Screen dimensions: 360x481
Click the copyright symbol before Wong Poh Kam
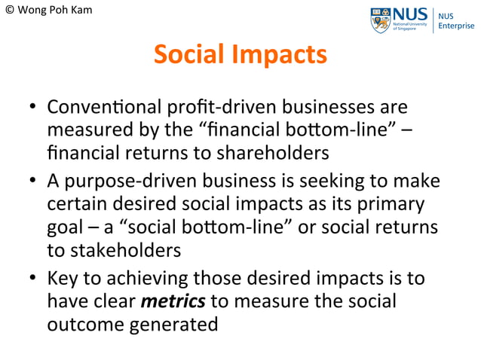click(10, 11)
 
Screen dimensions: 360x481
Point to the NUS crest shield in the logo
click(381, 20)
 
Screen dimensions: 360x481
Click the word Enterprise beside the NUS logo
click(458, 26)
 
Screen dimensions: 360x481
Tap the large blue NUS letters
click(411, 14)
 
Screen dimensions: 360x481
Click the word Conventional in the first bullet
click(94, 108)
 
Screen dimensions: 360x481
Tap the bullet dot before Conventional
click(33, 110)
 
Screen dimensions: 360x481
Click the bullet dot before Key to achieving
click(33, 281)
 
